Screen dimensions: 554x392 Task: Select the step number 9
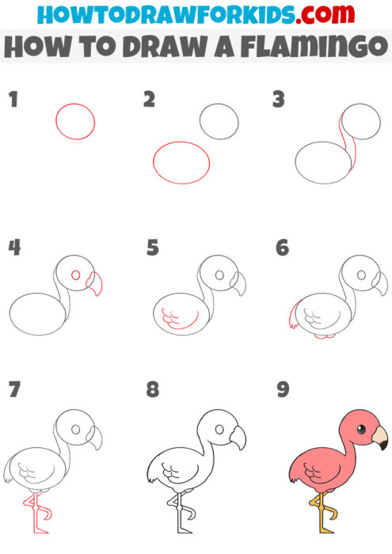tap(282, 390)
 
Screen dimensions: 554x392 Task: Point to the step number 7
tap(13, 390)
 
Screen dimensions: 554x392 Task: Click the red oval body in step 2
tap(181, 162)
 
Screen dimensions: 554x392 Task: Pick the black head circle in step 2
tap(219, 121)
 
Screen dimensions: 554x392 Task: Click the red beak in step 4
tap(97, 283)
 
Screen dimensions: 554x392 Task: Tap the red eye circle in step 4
tap(76, 276)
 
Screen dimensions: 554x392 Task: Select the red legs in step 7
tap(36, 514)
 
